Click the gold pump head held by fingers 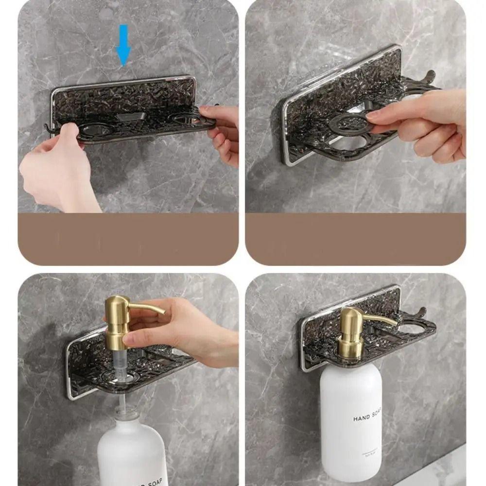tap(117, 316)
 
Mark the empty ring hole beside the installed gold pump tap(411, 329)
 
